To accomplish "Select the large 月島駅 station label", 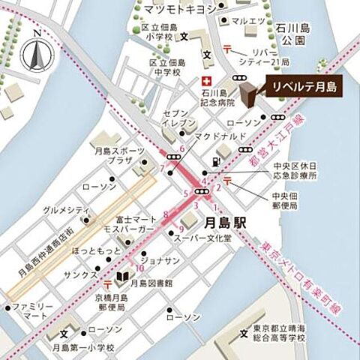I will (x=226, y=223).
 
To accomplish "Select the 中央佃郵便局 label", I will (x=283, y=199).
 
